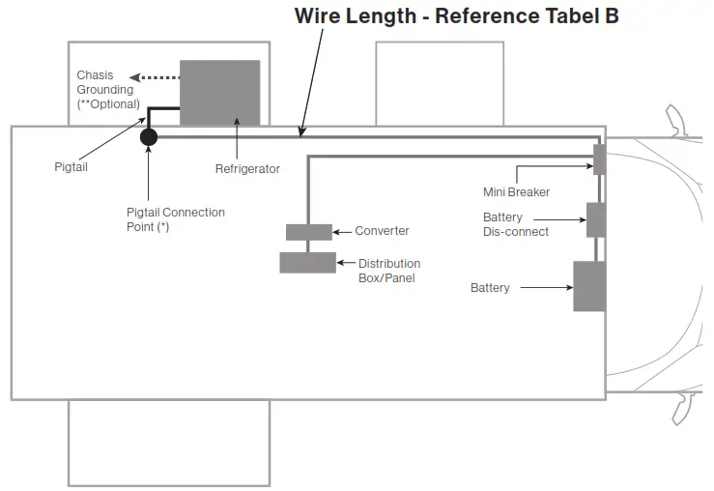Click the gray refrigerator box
219,93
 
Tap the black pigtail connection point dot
149,137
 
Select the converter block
308,232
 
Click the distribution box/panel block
307,262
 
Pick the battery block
588,286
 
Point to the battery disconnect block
595,220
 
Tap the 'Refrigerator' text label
247,169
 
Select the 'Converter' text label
382,231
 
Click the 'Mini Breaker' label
516,192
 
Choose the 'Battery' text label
490,288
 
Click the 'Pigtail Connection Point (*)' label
175,219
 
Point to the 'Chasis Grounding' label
105,83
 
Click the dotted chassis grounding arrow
155,77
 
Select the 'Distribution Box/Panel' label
389,270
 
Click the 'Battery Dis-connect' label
516,224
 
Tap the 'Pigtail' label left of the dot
71,167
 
